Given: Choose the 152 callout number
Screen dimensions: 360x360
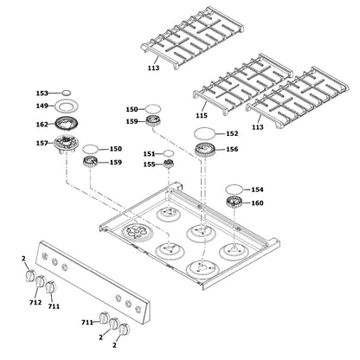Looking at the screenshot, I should pos(232,134).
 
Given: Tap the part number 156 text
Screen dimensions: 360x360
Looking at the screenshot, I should pos(232,150).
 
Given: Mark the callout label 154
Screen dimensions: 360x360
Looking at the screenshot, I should pos(257,189).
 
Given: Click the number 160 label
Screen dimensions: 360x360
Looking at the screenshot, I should pos(257,204).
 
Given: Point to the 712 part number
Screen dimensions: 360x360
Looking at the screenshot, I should pos(35,304).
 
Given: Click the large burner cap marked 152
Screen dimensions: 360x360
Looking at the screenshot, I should pos(204,133).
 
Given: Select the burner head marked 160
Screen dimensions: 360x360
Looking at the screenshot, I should pos(233,203).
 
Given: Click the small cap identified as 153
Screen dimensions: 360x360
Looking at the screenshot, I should pos(66,91).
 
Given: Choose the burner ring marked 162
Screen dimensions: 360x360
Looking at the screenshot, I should pos(67,123).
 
